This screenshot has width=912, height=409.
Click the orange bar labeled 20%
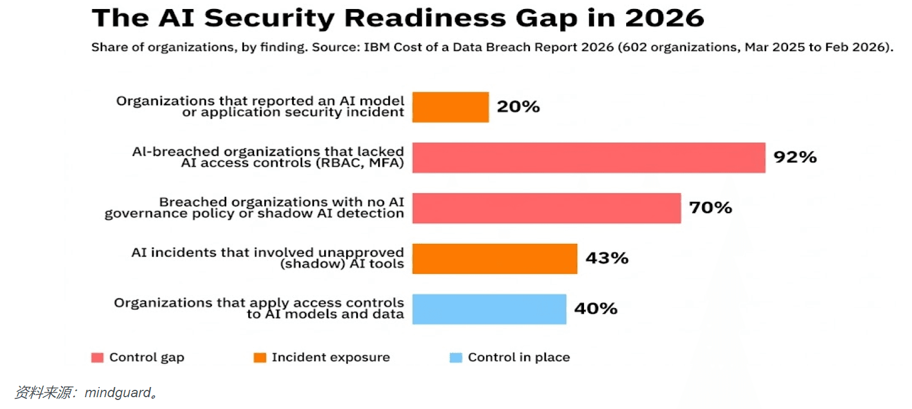pyautogui.click(x=450, y=107)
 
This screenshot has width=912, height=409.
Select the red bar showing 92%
pyautogui.click(x=588, y=157)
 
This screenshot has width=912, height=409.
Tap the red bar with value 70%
pyautogui.click(x=546, y=208)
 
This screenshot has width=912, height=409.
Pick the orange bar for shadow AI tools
pyautogui.click(x=495, y=259)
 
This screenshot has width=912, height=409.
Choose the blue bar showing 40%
pyautogui.click(x=489, y=309)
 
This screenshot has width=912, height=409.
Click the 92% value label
pyautogui.click(x=795, y=157)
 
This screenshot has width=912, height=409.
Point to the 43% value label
pyautogui.click(x=606, y=258)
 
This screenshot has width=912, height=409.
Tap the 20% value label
pyautogui.click(x=518, y=106)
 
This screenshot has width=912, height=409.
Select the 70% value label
pyautogui.click(x=710, y=207)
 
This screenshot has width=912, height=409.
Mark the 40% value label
pyautogui.click(x=596, y=309)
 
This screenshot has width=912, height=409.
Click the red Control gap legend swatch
pyautogui.click(x=97, y=358)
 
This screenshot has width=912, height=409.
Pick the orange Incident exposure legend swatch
pyautogui.click(x=260, y=358)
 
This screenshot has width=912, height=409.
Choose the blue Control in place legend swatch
pyautogui.click(x=456, y=358)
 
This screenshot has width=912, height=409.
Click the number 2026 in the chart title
pyautogui.click(x=664, y=19)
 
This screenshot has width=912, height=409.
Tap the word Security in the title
pyautogui.click(x=269, y=19)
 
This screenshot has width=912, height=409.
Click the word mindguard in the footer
pyautogui.click(x=118, y=393)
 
